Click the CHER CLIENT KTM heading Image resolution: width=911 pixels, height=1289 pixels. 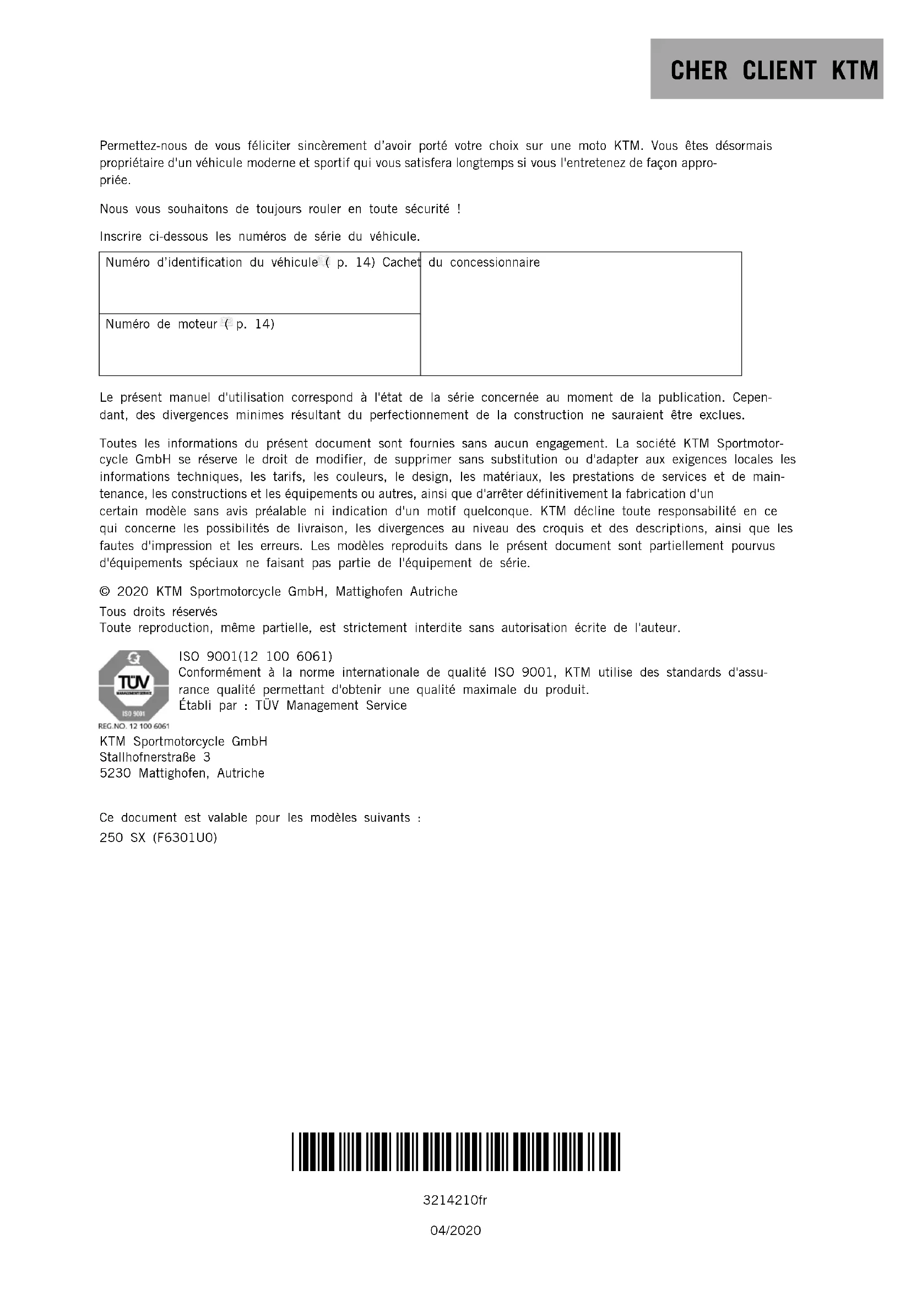[x=773, y=71]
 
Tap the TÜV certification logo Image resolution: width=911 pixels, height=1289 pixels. [x=133, y=686]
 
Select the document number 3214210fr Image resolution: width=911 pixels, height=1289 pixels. [x=455, y=1200]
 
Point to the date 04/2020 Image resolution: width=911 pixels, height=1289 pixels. [x=455, y=1231]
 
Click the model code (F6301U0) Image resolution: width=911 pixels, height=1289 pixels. [x=185, y=838]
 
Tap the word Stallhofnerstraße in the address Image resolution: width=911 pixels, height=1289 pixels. [x=148, y=757]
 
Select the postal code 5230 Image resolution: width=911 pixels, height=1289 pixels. [x=115, y=773]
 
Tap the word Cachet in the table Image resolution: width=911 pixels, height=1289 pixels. [x=401, y=262]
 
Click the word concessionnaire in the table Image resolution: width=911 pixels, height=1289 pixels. [x=495, y=262]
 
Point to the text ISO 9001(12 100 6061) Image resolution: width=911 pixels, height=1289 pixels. [x=255, y=656]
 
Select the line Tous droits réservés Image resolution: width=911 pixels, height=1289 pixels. [x=158, y=611]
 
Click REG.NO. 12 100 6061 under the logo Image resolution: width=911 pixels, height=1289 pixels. [x=133, y=726]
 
